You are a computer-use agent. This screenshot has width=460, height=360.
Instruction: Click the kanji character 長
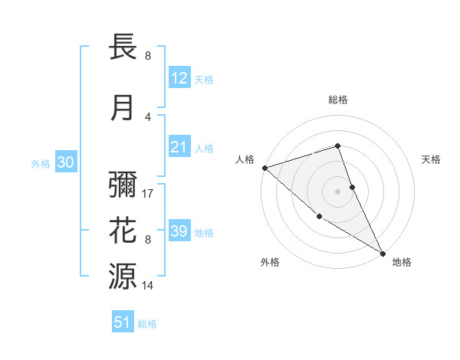(x=123, y=49)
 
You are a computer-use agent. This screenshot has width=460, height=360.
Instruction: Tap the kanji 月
(x=123, y=108)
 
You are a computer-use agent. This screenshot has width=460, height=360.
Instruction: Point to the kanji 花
(x=123, y=231)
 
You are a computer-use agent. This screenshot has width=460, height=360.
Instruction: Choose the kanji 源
(x=123, y=275)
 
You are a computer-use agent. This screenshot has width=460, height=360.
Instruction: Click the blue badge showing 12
(x=179, y=78)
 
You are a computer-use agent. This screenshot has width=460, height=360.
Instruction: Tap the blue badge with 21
(x=179, y=147)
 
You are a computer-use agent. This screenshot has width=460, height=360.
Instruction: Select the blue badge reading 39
(x=179, y=231)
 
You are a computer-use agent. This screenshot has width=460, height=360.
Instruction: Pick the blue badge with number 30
(x=65, y=162)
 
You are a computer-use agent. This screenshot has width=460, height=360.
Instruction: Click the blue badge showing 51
(x=123, y=322)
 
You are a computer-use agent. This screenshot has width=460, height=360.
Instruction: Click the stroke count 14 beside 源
(x=148, y=285)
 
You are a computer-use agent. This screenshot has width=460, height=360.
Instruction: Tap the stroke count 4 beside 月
(x=148, y=116)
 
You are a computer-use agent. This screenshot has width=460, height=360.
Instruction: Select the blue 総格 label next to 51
(x=147, y=324)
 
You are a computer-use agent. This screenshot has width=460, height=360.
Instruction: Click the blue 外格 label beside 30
(x=41, y=164)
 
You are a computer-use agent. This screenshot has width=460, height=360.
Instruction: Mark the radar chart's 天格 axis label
(x=432, y=159)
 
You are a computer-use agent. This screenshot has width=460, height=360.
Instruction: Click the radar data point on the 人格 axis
(x=264, y=167)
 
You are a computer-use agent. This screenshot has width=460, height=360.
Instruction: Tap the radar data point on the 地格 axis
(x=383, y=252)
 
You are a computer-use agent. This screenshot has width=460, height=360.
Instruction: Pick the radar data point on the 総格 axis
(x=337, y=146)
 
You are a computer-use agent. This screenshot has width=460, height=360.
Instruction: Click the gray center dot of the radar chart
(x=337, y=191)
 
